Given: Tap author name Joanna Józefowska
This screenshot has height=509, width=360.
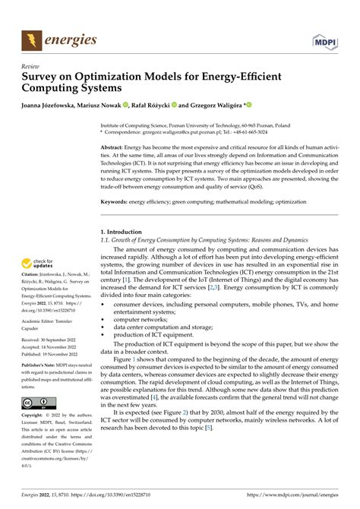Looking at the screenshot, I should pyautogui.click(x=53, y=106).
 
